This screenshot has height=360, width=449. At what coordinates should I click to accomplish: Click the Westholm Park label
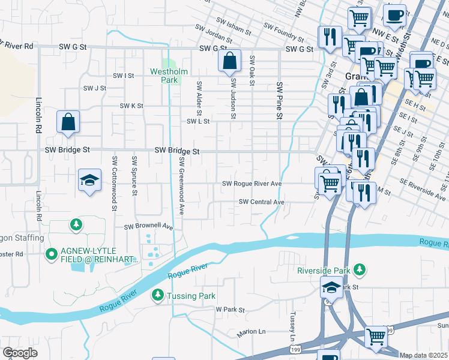pos(169,76)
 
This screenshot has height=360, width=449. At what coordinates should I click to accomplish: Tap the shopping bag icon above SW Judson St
pos(230,61)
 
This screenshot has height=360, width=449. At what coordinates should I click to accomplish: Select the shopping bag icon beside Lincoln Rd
pos(68,121)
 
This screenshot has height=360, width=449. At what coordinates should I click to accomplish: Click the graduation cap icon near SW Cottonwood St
pos(89,180)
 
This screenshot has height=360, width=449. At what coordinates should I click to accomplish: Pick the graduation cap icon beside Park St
pos(331,288)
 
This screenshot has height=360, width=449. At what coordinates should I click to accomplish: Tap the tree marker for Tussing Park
pos(157,295)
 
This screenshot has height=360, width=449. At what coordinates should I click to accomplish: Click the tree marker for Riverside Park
pos(360,270)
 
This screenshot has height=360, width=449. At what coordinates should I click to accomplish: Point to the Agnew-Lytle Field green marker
pos(52,255)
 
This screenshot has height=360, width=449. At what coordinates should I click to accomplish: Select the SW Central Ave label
pos(261,202)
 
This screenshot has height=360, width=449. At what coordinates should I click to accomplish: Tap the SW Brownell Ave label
pos(148,227)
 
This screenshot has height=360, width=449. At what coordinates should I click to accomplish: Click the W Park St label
pos(231,310)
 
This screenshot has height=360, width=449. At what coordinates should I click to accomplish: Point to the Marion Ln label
pos(251,331)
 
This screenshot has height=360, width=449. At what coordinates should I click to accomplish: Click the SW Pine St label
pos(279,100)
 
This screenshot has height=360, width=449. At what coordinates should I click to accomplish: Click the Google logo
pos(20,352)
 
